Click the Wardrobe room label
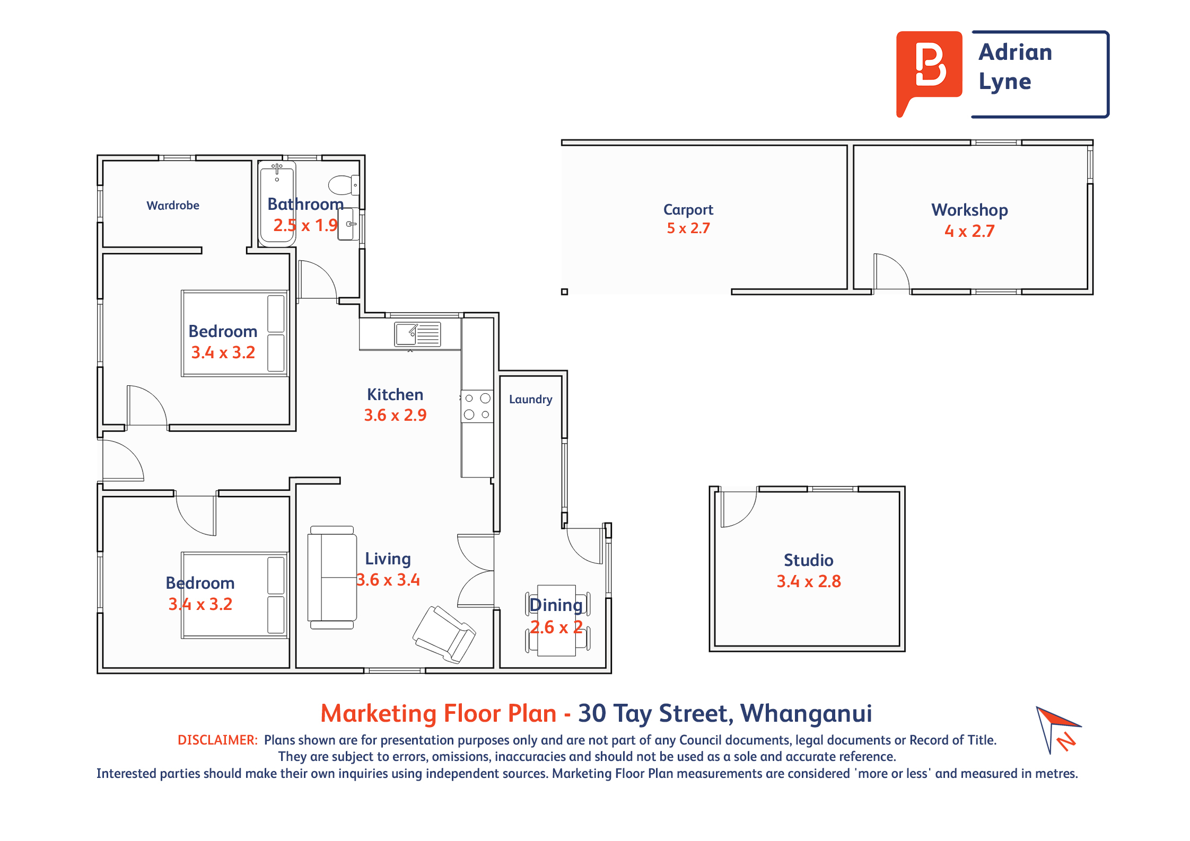(173, 206)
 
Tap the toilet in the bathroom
(344, 185)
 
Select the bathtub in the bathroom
(277, 203)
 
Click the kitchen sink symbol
(417, 334)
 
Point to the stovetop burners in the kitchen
(477, 406)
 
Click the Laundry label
(530, 400)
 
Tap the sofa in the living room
(332, 578)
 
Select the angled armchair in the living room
(444, 634)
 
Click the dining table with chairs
(557, 621)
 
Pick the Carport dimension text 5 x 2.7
(688, 228)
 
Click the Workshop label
(969, 210)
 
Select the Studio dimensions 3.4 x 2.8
(809, 581)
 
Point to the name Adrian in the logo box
(1015, 52)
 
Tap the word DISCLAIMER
(217, 740)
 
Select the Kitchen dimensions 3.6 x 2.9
(395, 415)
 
